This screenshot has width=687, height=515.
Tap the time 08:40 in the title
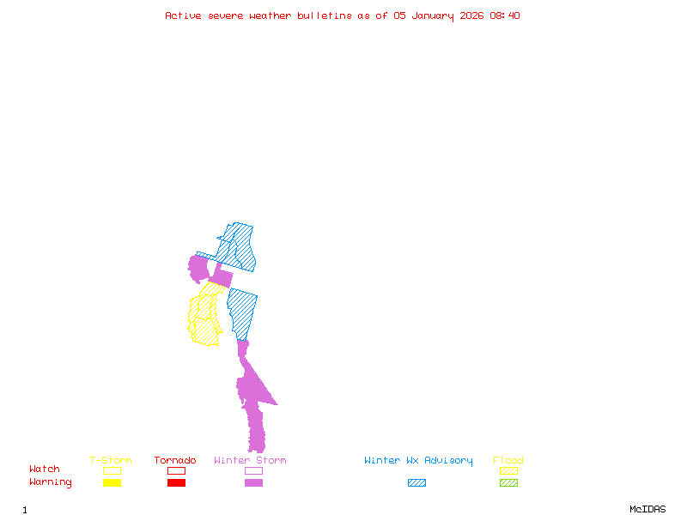[x=505, y=15]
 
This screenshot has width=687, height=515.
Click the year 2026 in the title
[x=471, y=15]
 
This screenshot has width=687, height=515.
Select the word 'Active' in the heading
[x=184, y=15]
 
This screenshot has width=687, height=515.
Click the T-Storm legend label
[x=111, y=461]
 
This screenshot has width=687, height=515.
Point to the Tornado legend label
[x=175, y=461]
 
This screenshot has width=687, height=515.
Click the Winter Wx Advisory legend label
[x=418, y=461]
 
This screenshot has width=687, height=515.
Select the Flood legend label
[x=508, y=461]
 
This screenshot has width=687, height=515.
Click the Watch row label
[x=45, y=470]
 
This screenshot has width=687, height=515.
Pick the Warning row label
[x=51, y=482]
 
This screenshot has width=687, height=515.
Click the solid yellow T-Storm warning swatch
[x=112, y=483]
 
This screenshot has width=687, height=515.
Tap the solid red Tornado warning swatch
[x=176, y=483]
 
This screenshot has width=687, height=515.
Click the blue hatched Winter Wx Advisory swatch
[x=416, y=483]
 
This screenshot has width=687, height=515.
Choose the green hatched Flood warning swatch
[x=508, y=483]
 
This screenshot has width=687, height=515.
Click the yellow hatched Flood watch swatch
[x=508, y=471]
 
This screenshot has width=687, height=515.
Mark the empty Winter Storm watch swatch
[x=253, y=471]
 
